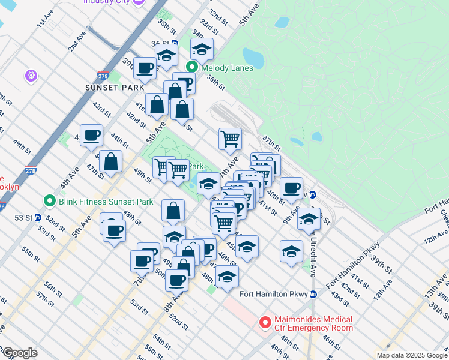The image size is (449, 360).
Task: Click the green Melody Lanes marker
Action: (193, 67)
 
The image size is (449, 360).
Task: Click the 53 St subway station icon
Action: (37, 217)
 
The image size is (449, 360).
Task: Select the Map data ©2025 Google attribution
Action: (411, 355)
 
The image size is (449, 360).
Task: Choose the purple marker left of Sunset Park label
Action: (32, 76)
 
